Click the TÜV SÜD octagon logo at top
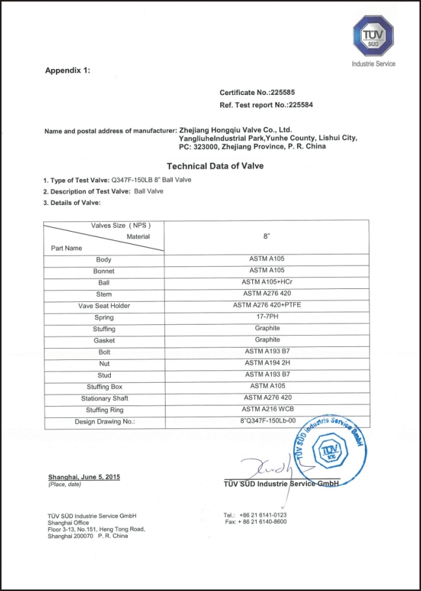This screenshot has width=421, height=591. pos(373,36)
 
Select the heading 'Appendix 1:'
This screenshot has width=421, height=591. pos(68,70)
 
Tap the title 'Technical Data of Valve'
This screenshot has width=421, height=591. pos(215,166)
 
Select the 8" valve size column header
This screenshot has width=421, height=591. pos(267,238)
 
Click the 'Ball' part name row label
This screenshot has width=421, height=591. pos(104,283)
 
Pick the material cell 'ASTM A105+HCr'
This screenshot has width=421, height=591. pos(267,282)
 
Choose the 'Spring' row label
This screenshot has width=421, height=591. pos(104,318)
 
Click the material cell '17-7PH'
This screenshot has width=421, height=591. pos(267,317)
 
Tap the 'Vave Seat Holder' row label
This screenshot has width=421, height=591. pos(104,306)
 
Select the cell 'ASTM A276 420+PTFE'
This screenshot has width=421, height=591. pos(267,305)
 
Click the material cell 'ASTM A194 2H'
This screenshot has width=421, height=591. pos(267,363)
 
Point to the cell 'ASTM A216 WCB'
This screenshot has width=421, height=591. pos(267,409)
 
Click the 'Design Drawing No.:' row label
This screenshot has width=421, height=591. pos(104,422)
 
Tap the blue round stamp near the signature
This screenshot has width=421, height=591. pos(327,448)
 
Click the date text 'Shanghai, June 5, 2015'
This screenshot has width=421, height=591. pos(84,477)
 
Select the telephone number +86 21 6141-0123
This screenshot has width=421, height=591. pos(263,515)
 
